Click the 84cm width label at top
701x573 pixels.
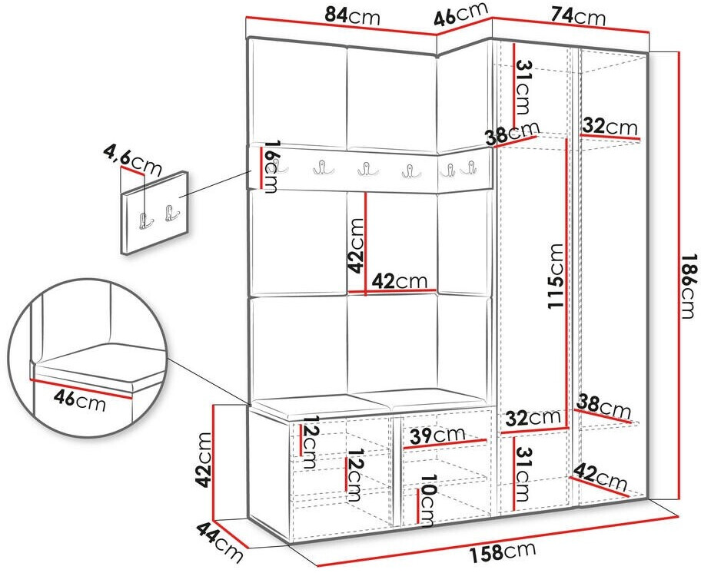tap(352, 17)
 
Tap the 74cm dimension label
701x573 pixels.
tap(578, 17)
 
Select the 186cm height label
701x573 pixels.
tap(689, 286)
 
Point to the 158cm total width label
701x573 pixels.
tap(502, 552)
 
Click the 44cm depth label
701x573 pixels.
tap(220, 542)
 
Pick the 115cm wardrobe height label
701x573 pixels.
tap(555, 276)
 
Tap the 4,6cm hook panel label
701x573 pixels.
tap(132, 159)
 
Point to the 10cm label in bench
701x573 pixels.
tap(426, 501)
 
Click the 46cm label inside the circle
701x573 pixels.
tap(80, 399)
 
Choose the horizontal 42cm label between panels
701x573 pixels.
tap(400, 281)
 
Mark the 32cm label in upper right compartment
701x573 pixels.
tap(610, 127)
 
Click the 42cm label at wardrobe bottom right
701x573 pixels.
tap(600, 478)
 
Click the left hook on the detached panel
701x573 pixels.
tap(145, 221)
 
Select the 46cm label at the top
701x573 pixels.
tap(461, 15)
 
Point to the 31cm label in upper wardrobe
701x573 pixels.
tap(523, 87)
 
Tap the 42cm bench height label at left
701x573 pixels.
tap(204, 460)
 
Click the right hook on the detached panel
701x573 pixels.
tap(171, 213)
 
